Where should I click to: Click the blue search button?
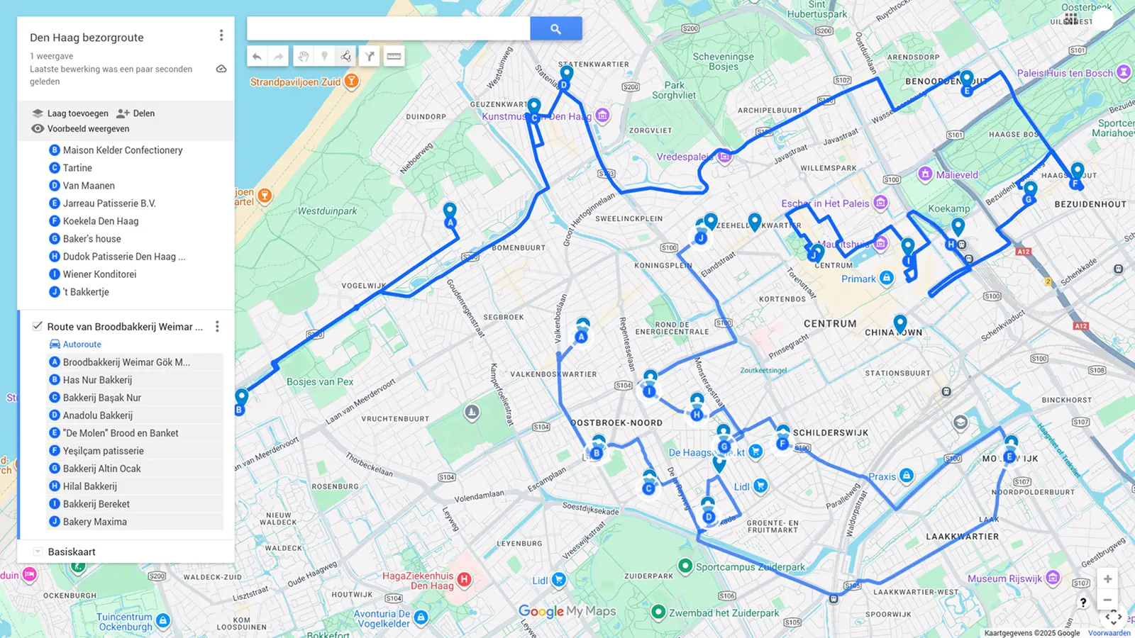555,29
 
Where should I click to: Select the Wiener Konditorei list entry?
99,274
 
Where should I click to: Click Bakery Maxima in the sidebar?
94,522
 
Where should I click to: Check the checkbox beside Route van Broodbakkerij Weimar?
38,326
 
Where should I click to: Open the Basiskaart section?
71,552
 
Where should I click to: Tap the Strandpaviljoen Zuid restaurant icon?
351,82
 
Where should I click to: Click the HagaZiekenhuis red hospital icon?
464,579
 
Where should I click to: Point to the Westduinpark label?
327,211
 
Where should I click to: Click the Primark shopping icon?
887,278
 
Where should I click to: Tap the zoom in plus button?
1107,579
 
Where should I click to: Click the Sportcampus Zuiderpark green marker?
685,566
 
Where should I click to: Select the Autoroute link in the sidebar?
82,345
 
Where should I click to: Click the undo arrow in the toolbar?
257,56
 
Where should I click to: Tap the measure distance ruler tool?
394,56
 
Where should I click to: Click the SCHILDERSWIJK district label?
830,432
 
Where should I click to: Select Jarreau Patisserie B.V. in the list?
109,203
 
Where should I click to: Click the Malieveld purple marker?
925,174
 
